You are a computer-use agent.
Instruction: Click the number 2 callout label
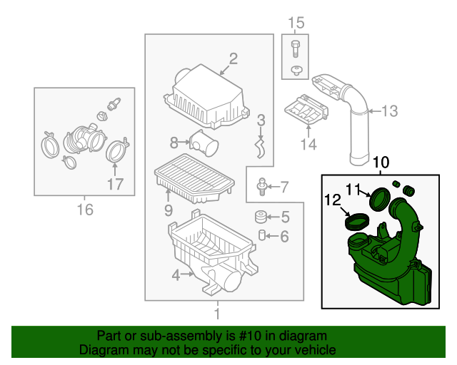pyautogui.click(x=233, y=58)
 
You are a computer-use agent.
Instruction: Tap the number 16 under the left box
pyautogui.click(x=85, y=209)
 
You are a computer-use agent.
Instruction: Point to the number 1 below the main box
pyautogui.click(x=217, y=312)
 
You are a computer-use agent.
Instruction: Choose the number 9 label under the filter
pyautogui.click(x=169, y=210)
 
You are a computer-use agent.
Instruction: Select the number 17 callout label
pyautogui.click(x=115, y=185)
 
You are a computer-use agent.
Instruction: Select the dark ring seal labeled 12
pyautogui.click(x=355, y=220)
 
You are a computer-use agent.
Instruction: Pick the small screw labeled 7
pyautogui.click(x=263, y=187)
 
